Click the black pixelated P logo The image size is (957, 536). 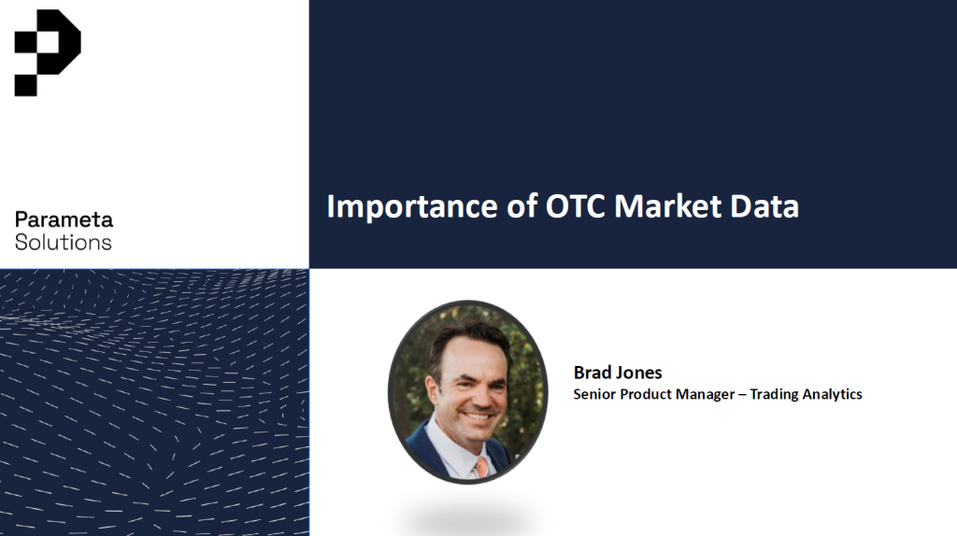(x=47, y=52)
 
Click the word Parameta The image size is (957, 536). (x=64, y=220)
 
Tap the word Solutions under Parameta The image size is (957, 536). (x=63, y=242)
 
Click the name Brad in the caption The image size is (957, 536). (x=593, y=372)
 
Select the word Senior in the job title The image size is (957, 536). (x=593, y=394)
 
